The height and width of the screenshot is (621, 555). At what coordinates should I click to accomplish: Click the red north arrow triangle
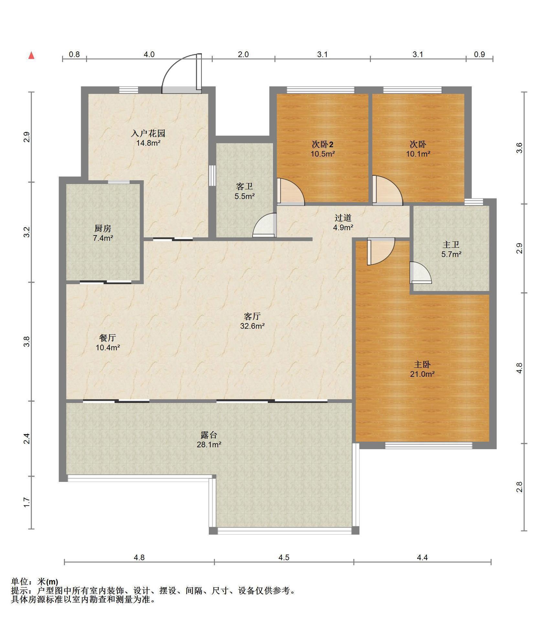[x=31, y=56]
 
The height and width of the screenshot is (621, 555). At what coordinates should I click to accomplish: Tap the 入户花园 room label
[x=148, y=133]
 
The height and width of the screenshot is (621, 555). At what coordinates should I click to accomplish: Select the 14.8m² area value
[x=148, y=143]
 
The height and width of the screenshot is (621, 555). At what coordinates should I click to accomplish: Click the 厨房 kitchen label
[x=103, y=229]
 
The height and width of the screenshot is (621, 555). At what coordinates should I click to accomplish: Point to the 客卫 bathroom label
[x=245, y=186]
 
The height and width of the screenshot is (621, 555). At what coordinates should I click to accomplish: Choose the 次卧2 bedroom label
[x=322, y=144]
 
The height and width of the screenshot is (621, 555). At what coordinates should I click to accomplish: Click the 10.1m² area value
[x=418, y=154]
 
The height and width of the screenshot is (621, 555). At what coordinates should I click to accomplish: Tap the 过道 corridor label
[x=343, y=218]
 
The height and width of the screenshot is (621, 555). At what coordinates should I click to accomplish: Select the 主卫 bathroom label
[x=451, y=245]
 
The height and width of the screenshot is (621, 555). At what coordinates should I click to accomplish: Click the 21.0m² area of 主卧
[x=422, y=374]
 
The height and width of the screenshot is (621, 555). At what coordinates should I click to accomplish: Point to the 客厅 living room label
[x=252, y=316]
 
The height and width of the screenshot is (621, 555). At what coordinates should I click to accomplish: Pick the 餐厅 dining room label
[x=107, y=338]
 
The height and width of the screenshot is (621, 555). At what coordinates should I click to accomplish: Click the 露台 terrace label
[x=209, y=435]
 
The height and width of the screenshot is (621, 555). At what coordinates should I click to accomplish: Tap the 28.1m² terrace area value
[x=209, y=445]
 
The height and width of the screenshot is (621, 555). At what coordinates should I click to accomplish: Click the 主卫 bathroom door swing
[x=420, y=273]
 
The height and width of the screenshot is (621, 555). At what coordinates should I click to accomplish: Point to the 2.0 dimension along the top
[x=243, y=54]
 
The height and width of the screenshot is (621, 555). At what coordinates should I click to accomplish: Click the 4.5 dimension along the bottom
[x=284, y=557]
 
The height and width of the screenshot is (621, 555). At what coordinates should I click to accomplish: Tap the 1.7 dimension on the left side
[x=27, y=502]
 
